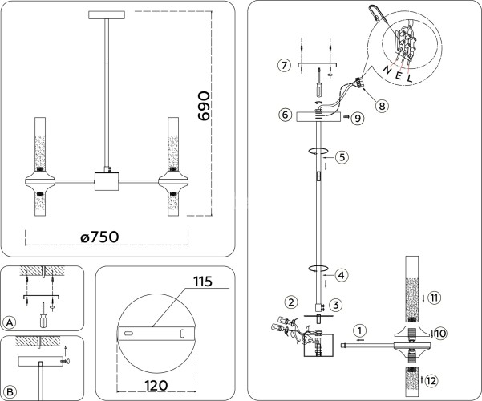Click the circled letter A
[x=10, y=322]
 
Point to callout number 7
[x=282, y=64]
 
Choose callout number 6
[x=284, y=115]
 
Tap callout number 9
[x=358, y=118]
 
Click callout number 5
[x=341, y=157]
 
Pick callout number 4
[x=341, y=275]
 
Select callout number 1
[x=360, y=330]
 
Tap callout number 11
[x=434, y=298]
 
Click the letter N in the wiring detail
[x=388, y=69]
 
